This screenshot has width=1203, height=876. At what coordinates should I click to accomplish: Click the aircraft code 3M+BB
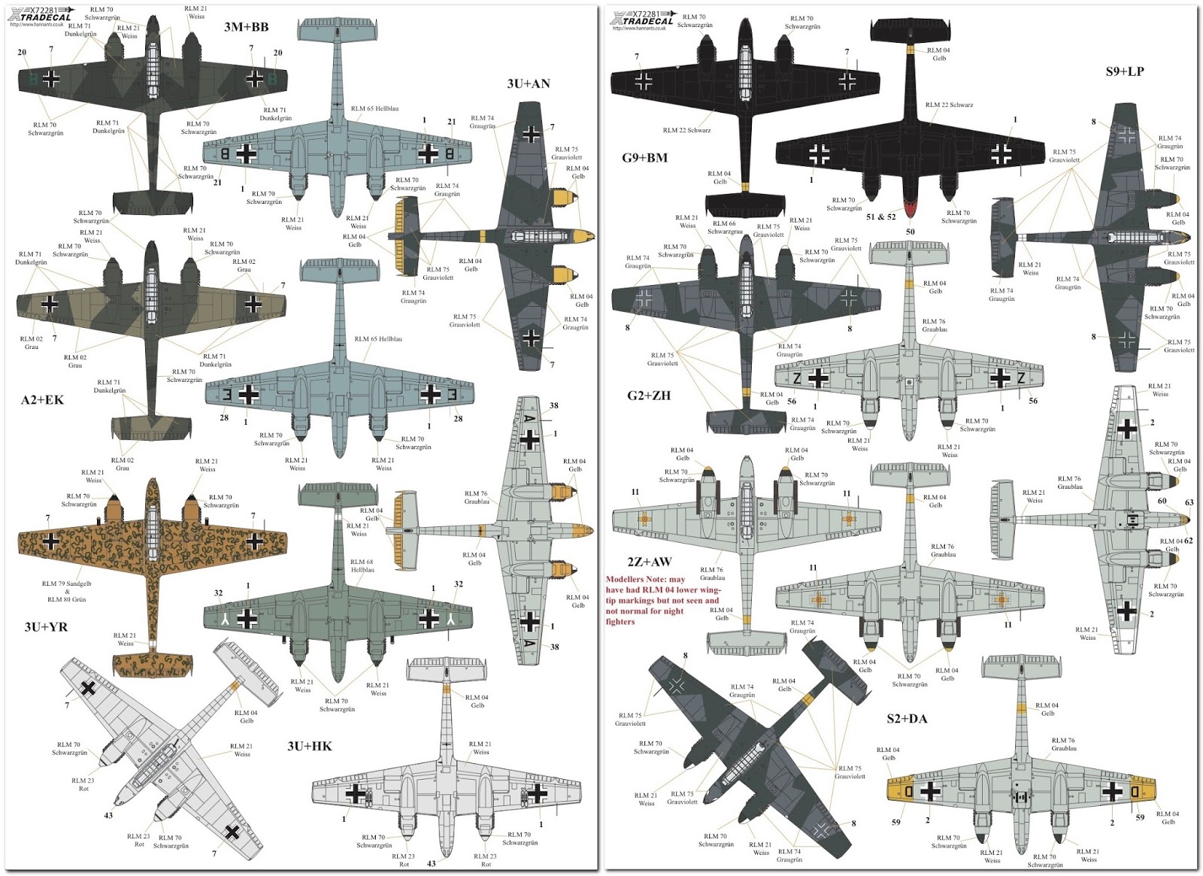[246, 27]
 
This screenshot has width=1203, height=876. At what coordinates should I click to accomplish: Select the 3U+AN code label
[528, 83]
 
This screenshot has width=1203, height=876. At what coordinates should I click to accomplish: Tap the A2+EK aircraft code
[42, 400]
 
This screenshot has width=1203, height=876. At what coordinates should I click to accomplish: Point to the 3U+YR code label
[46, 626]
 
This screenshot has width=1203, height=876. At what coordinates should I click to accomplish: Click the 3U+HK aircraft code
[309, 746]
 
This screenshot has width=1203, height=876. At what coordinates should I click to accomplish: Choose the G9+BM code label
[644, 158]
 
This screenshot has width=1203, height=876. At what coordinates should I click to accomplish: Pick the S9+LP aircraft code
[1124, 71]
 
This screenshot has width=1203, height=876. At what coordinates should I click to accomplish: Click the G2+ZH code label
[648, 395]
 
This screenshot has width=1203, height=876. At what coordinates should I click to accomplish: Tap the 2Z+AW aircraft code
[650, 562]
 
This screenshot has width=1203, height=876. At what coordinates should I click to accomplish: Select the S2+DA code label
[907, 719]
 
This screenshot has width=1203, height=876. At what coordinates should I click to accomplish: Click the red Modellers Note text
[662, 600]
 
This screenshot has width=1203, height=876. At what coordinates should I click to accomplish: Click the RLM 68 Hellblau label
[362, 565]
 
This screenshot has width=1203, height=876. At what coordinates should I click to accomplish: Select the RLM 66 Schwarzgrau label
[725, 227]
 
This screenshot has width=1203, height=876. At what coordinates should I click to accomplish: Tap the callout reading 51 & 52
[880, 217]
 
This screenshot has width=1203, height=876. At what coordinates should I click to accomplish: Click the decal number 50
[910, 232]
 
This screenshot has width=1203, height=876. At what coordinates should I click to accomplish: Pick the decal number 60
[1162, 501]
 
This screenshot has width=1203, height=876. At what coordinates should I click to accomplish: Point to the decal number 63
[1189, 503]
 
